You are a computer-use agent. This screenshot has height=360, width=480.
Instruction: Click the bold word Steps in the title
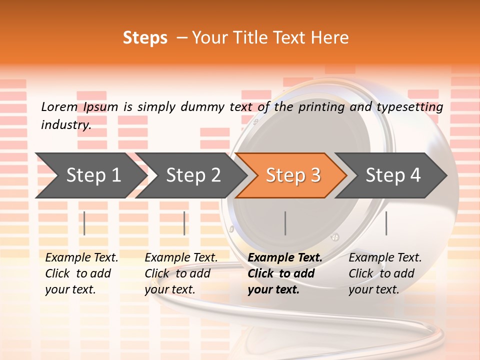(145, 37)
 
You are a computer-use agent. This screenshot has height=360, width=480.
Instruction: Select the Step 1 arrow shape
(93, 175)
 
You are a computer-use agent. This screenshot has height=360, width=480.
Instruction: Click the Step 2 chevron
(193, 175)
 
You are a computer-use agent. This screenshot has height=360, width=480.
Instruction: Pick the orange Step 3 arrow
(293, 175)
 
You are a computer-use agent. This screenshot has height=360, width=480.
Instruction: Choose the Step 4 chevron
(393, 175)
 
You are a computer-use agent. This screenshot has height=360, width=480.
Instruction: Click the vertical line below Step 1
(84, 223)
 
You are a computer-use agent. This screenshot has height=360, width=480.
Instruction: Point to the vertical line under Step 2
(184, 223)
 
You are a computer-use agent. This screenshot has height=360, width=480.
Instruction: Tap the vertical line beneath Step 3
(285, 223)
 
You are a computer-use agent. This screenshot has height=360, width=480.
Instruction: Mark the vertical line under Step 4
(386, 223)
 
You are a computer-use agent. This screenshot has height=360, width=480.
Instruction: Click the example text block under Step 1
(81, 273)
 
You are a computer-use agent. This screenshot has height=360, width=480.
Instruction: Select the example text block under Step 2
(181, 273)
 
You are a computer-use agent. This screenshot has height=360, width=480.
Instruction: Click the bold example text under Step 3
(285, 273)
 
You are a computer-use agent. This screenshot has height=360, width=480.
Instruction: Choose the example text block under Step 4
(385, 273)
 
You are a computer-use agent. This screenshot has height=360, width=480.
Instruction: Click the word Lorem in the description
(59, 106)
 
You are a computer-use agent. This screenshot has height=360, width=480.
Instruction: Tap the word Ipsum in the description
(101, 106)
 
